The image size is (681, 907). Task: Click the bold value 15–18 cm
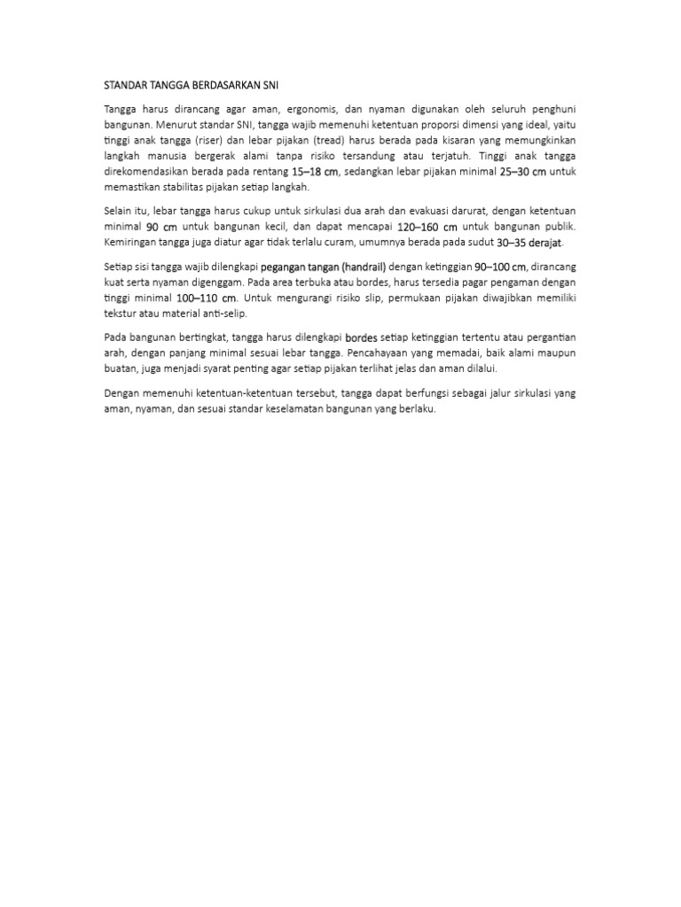click(x=316, y=172)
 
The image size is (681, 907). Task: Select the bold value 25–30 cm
click(x=522, y=172)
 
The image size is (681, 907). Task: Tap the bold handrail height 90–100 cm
click(x=500, y=266)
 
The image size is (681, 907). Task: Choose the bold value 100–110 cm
click(x=206, y=298)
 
